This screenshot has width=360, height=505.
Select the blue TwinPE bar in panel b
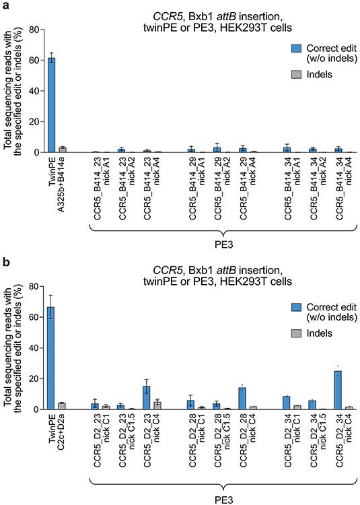[51, 358]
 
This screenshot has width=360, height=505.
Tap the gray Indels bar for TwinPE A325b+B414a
[62, 149]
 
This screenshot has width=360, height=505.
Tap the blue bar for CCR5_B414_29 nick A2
[217, 149]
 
